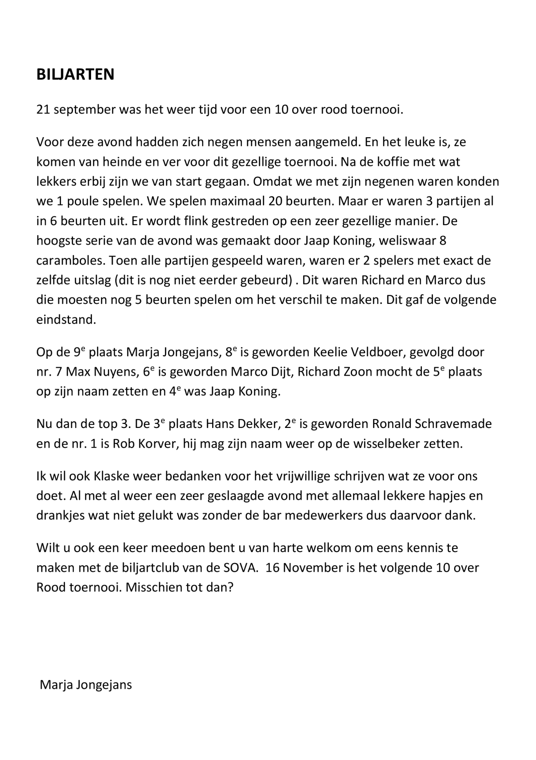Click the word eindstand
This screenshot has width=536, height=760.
pos(66,320)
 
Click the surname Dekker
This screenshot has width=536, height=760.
pos(258,424)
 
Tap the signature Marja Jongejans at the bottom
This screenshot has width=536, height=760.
pos(86,685)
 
